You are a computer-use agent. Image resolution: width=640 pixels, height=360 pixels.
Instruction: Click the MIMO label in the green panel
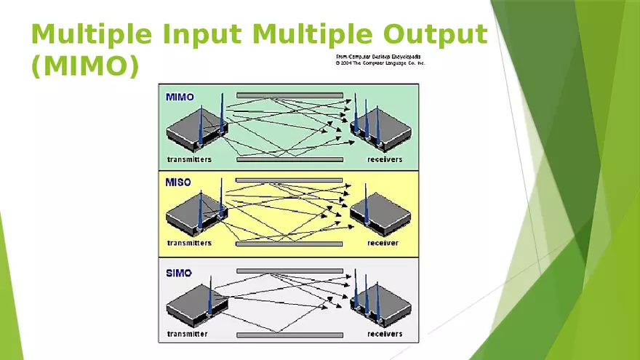[180, 97]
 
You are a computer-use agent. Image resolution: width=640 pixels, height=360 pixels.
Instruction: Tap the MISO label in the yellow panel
[179, 183]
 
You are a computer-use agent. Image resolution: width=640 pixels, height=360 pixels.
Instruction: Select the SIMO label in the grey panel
[179, 273]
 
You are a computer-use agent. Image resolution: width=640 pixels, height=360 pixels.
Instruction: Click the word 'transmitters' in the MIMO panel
[189, 159]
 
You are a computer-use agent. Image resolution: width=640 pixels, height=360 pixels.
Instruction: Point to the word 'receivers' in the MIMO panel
[385, 159]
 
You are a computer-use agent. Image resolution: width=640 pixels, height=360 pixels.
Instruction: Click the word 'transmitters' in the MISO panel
[189, 243]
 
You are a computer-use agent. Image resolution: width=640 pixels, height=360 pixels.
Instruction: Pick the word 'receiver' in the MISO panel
[383, 243]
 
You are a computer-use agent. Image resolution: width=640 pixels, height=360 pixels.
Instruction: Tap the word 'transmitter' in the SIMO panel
[187, 334]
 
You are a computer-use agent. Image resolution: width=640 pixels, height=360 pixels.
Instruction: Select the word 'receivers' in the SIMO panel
[385, 334]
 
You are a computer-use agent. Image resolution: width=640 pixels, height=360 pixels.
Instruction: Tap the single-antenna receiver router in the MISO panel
[380, 216]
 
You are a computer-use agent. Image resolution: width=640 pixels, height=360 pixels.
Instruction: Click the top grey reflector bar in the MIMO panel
[289, 95]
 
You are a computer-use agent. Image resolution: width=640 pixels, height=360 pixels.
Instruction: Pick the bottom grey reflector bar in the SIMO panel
[289, 335]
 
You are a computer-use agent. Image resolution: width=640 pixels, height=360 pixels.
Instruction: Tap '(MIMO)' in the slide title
[84, 66]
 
